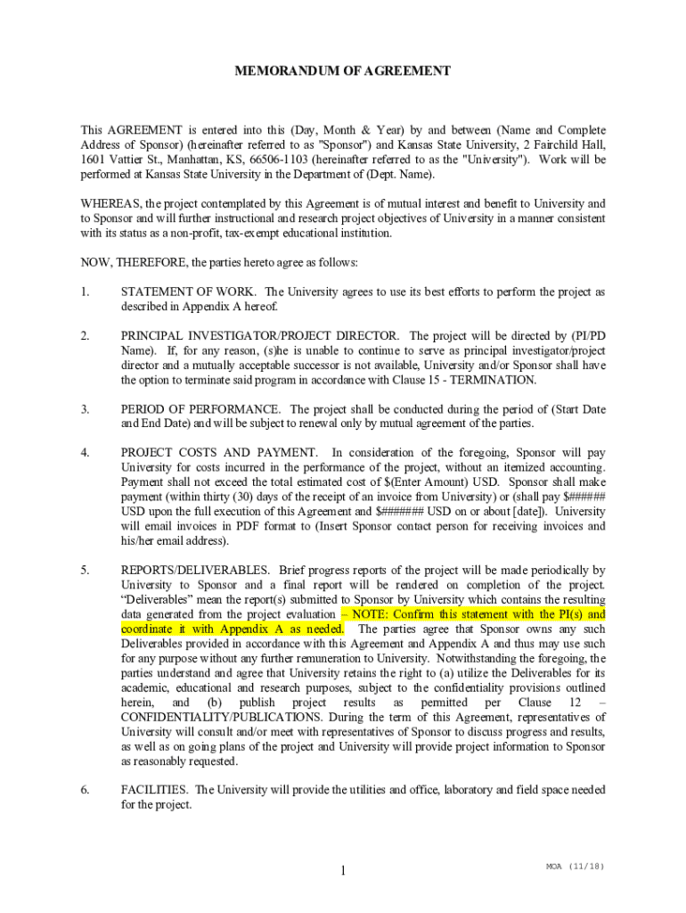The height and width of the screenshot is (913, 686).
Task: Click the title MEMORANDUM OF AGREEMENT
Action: tap(343, 70)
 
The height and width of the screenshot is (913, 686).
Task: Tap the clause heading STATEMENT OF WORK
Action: tap(189, 292)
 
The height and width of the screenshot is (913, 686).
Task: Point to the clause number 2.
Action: tap(85, 335)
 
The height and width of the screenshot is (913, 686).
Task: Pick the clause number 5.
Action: tap(85, 570)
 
